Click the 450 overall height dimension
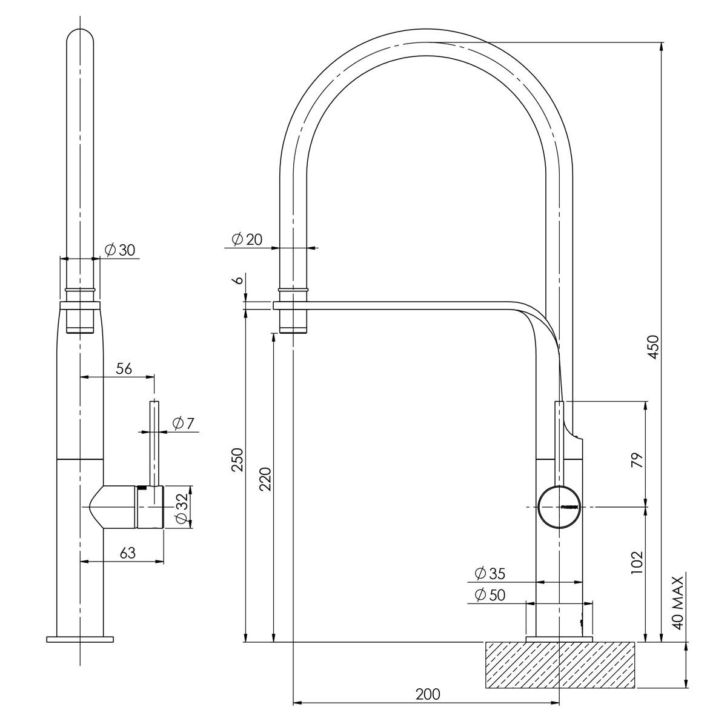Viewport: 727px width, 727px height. pos(653,346)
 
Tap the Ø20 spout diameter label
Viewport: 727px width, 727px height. pos(247,239)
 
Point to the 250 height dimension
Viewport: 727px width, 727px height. pos(237,460)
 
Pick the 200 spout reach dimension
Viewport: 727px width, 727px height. pos(428,694)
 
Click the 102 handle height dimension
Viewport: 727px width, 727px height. pos(636,563)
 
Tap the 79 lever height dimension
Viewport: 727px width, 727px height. pos(636,460)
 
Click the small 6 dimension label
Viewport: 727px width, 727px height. pos(238,280)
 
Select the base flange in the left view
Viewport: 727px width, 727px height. pos(80,639)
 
